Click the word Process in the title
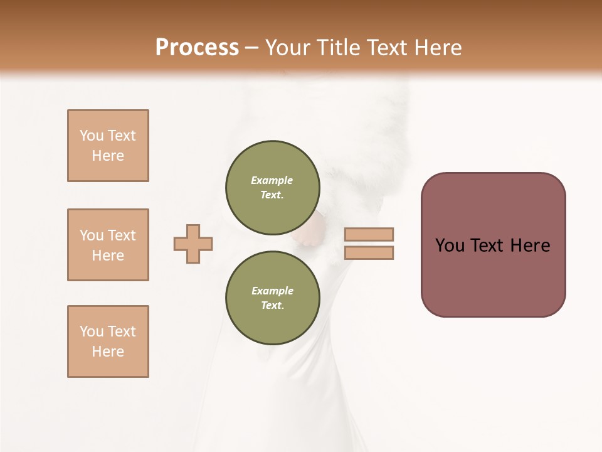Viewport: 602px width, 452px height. pyautogui.click(x=197, y=47)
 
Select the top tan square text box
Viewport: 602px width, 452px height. pyautogui.click(x=108, y=146)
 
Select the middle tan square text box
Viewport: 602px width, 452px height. pyautogui.click(x=108, y=245)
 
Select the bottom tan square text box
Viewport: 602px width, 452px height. pyautogui.click(x=108, y=342)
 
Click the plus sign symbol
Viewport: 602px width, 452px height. pyautogui.click(x=193, y=244)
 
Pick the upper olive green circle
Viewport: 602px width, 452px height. pyautogui.click(x=272, y=187)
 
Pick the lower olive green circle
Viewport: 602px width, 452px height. pyautogui.click(x=272, y=298)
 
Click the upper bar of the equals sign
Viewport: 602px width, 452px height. pyautogui.click(x=369, y=235)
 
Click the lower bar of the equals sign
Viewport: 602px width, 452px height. pyautogui.click(x=369, y=253)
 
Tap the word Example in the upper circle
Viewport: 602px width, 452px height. pyautogui.click(x=272, y=180)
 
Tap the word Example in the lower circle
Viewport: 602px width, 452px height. pyautogui.click(x=272, y=291)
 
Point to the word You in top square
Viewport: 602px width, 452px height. pyautogui.click(x=92, y=136)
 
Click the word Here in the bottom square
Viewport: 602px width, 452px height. pyautogui.click(x=108, y=352)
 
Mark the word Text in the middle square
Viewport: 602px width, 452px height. pyautogui.click(x=122, y=235)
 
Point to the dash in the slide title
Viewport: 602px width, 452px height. pyautogui.click(x=251, y=48)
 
